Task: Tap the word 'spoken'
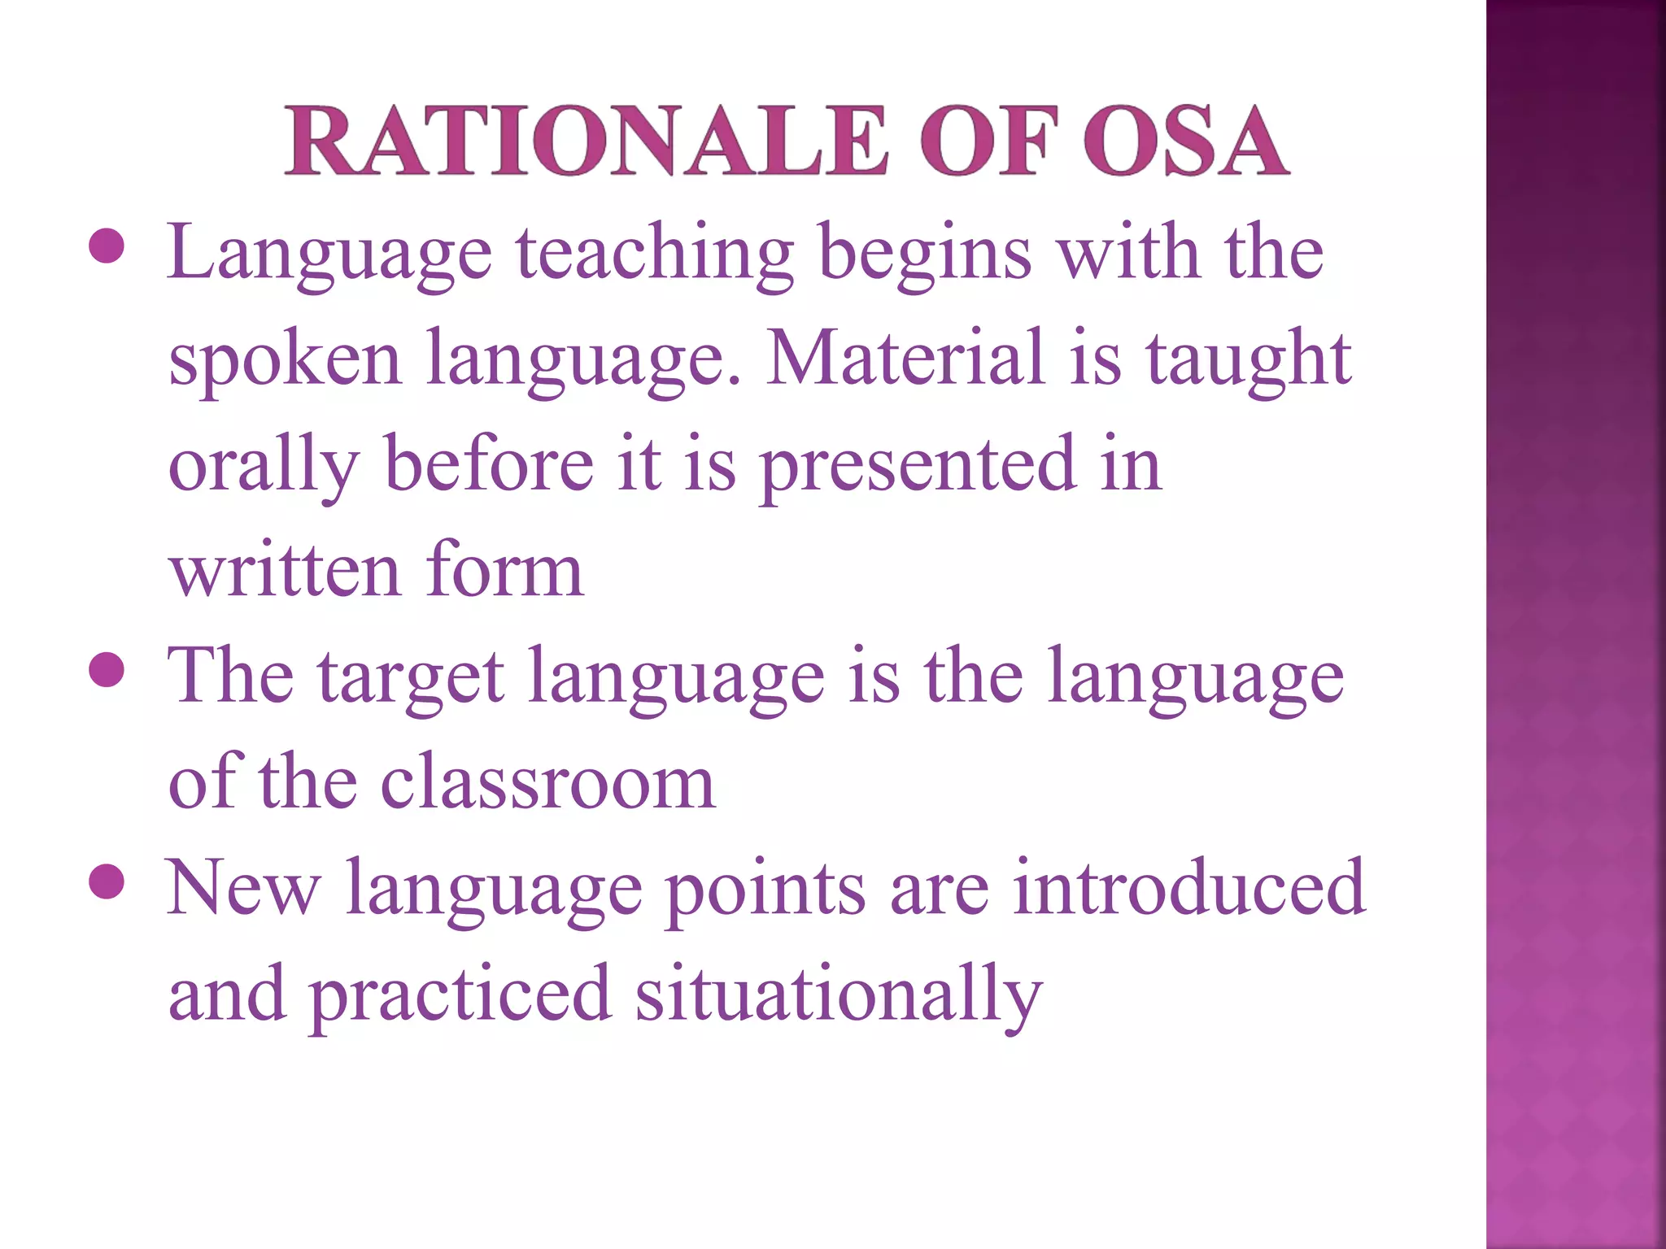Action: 285,359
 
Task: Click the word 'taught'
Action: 1249,359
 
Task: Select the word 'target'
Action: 411,678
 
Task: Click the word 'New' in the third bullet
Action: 243,888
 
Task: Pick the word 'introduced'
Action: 1188,888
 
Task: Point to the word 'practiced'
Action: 460,995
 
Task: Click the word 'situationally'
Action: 838,995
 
